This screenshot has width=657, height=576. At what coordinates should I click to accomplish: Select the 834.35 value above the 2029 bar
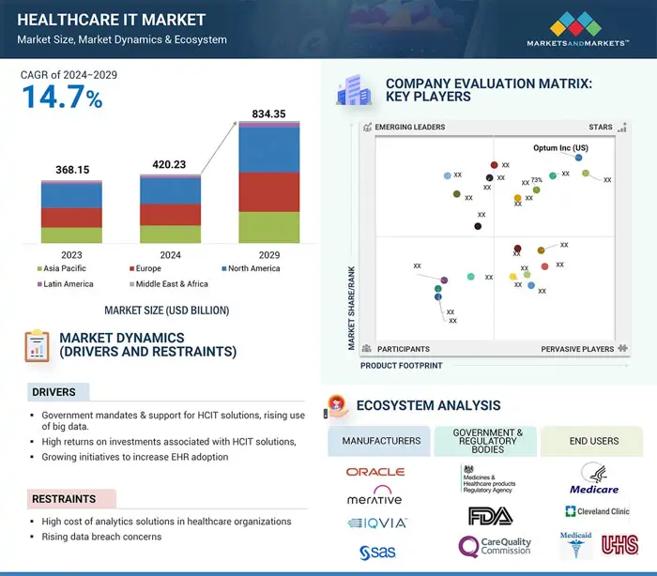[269, 114]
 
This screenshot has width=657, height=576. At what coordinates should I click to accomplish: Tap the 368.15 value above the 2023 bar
[71, 170]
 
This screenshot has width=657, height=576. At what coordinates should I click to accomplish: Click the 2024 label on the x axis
[170, 254]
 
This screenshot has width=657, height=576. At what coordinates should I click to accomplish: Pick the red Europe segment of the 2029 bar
[269, 191]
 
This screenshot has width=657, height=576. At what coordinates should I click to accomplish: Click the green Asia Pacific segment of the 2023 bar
[71, 235]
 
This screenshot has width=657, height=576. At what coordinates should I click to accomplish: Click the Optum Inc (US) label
[560, 148]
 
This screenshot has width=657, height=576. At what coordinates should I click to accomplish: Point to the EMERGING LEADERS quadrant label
[409, 127]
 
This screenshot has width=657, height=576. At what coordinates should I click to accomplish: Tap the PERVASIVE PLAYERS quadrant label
[577, 349]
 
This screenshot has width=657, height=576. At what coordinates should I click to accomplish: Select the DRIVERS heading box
[58, 392]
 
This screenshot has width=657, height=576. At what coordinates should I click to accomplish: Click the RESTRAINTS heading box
[71, 499]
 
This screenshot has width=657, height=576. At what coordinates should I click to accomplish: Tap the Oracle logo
[375, 472]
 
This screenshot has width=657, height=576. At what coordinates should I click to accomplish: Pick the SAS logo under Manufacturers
[375, 552]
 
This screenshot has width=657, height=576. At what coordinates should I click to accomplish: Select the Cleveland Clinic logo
[597, 511]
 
